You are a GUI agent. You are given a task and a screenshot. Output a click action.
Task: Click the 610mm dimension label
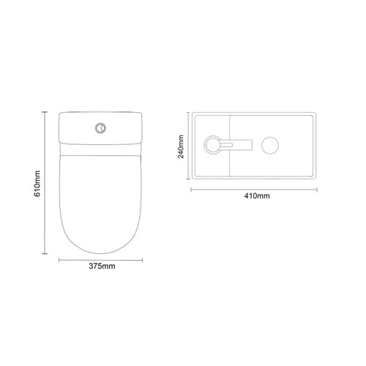[37, 184]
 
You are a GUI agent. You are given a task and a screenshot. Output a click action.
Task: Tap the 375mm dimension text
[102, 266]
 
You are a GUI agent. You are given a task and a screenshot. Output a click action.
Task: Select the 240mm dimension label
[181, 146]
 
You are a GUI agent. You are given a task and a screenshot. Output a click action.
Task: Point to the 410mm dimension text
[257, 196]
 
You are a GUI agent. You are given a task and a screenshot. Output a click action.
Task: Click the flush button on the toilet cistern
[100, 128]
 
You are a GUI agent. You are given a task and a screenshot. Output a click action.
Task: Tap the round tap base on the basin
[212, 145]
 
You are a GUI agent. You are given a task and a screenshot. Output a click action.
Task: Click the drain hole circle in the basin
[270, 146]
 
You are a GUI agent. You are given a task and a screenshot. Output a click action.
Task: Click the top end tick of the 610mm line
[45, 112]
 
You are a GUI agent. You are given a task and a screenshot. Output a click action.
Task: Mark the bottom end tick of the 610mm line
[45, 254]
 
